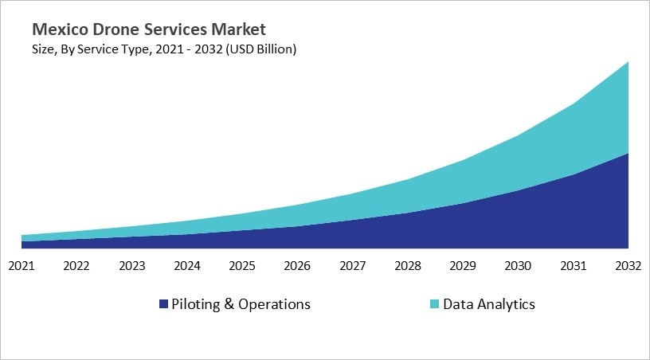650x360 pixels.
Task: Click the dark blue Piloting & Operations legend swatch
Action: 164,304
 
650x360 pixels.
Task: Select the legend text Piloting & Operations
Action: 241,304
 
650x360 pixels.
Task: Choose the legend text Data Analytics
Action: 489,304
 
